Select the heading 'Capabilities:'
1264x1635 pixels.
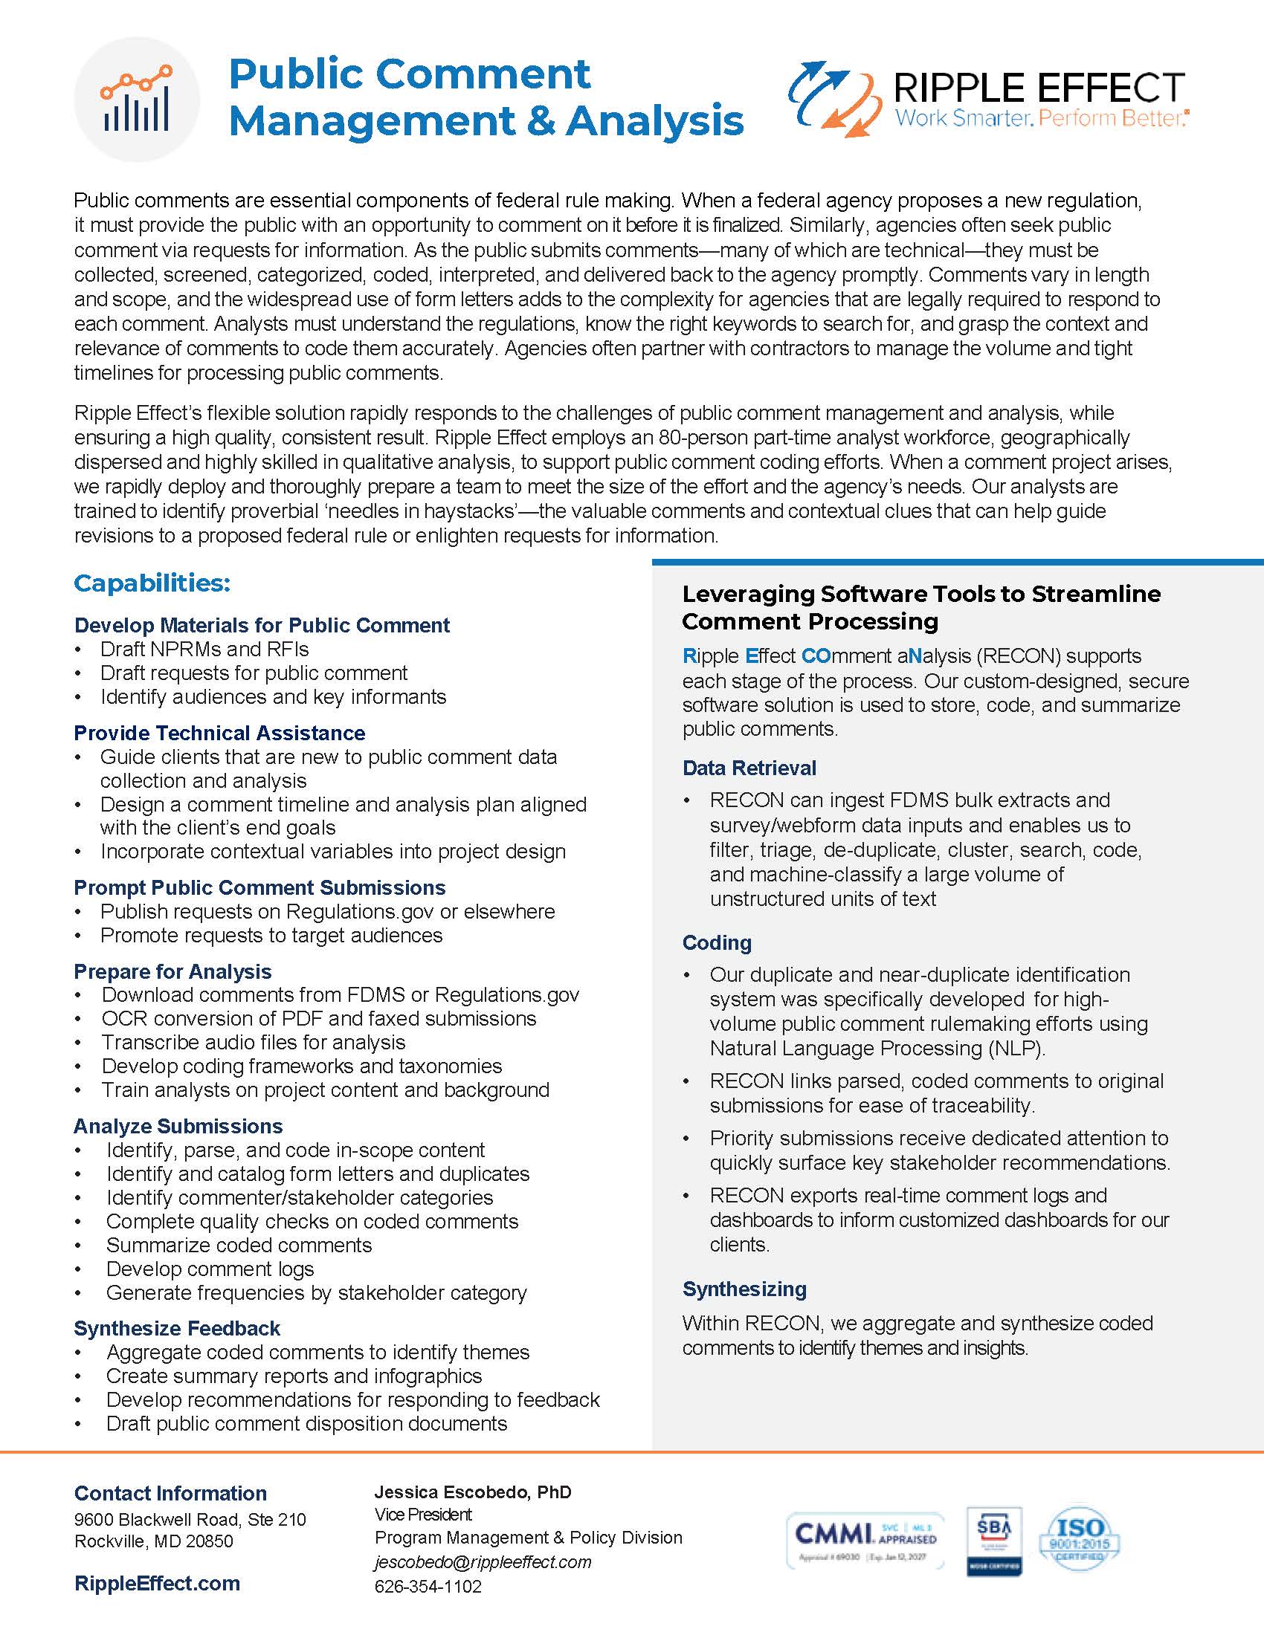tap(152, 583)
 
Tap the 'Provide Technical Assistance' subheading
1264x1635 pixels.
tap(219, 733)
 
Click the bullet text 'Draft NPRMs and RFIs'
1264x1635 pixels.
tap(204, 649)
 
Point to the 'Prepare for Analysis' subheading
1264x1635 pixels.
tap(172, 971)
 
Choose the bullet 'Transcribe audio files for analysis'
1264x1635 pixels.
tap(253, 1042)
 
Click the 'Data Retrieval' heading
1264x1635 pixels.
tap(749, 768)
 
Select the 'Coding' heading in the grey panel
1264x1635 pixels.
tap(717, 942)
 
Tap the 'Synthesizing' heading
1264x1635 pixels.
tap(744, 1289)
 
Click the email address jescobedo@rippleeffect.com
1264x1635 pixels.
tap(483, 1561)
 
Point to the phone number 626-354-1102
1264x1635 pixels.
tap(428, 1587)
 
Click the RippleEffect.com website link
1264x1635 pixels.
tap(157, 1583)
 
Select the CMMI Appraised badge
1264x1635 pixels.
tap(865, 1541)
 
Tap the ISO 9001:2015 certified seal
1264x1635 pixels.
tap(1079, 1539)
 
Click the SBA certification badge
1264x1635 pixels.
tap(993, 1541)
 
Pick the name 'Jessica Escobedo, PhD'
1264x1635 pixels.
tap(472, 1492)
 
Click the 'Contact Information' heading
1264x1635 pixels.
tap(170, 1493)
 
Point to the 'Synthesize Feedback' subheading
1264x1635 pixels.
tap(177, 1328)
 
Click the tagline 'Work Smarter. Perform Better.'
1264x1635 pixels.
tap(1041, 118)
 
